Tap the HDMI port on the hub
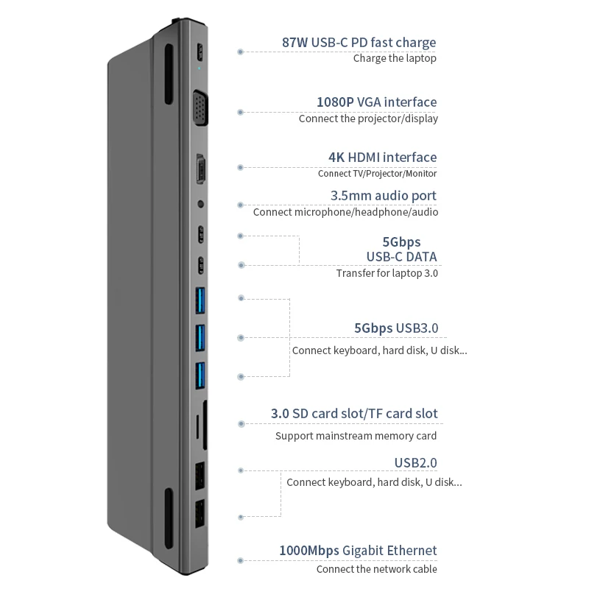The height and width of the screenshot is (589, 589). pos(200,169)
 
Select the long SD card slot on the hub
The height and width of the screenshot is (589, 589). pos(204,426)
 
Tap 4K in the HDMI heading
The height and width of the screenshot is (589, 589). pos(338,158)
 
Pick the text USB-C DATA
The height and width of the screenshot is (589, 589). pos(401,257)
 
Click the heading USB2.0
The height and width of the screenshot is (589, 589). pos(415,463)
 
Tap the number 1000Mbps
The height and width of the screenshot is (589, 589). pos(308,551)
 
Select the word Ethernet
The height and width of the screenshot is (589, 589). pos(412,551)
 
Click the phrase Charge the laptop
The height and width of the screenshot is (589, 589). pos(395,59)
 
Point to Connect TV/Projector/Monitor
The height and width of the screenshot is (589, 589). pos(377,174)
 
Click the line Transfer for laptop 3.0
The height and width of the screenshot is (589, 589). pos(387,273)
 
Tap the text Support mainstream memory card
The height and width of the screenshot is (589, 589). pos(356,436)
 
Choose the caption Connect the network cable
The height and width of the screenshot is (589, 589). pos(376,569)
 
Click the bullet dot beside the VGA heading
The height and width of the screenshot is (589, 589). pos(240,112)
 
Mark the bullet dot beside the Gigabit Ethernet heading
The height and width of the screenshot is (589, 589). pos(240,560)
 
